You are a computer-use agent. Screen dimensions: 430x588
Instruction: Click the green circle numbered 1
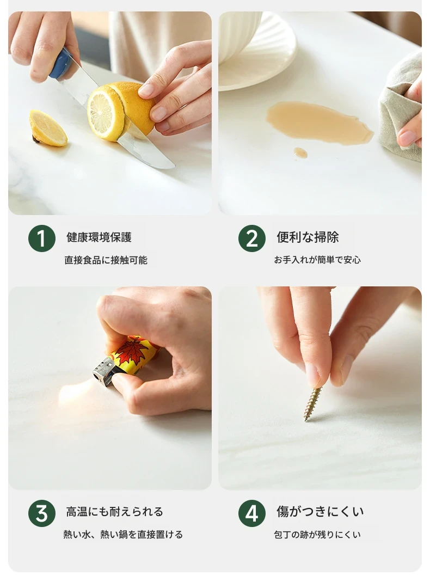41,238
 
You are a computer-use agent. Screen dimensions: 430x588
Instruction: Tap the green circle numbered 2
252,238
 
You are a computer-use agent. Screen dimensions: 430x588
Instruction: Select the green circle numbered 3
41,513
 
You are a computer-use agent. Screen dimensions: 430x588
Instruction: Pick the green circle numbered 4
252,513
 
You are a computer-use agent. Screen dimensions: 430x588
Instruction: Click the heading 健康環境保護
99,237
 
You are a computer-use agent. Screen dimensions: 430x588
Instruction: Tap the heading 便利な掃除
308,237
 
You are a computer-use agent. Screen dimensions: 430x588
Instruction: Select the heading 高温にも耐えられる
115,512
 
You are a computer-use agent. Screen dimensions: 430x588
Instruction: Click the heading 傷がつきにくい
320,511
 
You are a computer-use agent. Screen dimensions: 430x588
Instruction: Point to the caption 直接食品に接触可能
106,260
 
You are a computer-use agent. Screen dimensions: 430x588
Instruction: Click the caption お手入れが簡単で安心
317,260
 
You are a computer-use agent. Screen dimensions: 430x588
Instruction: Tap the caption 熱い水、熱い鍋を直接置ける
123,535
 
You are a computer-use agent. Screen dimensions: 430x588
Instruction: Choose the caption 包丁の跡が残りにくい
317,535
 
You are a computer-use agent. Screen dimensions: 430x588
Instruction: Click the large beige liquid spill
320,122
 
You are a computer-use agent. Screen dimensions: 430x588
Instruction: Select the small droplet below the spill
300,152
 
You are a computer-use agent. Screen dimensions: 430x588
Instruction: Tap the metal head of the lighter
104,371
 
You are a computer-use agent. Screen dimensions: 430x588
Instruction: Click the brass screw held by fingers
312,404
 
